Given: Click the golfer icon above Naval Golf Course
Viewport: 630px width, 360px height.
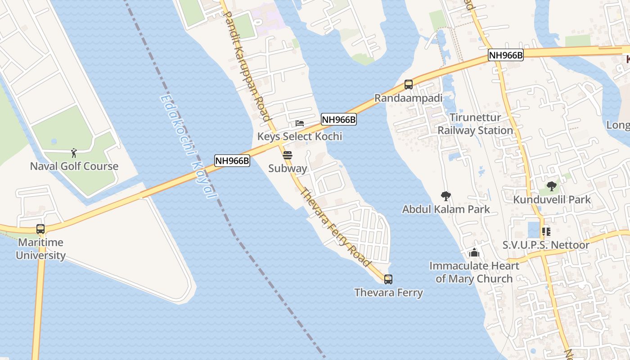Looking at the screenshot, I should point(74,153).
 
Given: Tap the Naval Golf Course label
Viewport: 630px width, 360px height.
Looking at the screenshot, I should point(74,166).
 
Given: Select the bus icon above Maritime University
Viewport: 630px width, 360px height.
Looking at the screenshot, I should point(40,229).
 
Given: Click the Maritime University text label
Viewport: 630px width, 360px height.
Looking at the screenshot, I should point(40,249).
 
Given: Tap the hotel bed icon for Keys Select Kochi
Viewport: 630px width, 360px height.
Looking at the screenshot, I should point(300,123).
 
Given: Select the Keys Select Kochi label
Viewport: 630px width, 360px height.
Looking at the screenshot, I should point(300,136).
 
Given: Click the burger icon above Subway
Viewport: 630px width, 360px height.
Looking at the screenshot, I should point(288,156).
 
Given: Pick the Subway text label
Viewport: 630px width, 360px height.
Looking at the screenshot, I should point(288,169).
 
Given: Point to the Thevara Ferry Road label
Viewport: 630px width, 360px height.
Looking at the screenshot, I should point(336,227).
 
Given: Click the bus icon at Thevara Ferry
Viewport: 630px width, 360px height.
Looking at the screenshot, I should point(388,279).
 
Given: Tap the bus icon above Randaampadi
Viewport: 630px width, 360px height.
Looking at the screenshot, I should point(409,84).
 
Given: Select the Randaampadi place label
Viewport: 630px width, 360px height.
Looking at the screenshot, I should point(409,98).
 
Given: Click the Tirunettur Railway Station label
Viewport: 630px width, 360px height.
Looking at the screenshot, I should point(475,124).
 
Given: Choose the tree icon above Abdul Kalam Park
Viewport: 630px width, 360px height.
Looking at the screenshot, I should point(446,196).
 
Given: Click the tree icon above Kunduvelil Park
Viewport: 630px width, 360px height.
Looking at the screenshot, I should point(552,186).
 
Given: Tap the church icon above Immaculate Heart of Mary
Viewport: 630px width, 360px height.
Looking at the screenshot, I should point(474,252).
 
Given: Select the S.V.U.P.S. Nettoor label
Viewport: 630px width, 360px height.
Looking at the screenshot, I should point(546,245).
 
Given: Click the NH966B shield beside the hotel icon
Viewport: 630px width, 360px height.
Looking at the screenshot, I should point(338,120).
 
